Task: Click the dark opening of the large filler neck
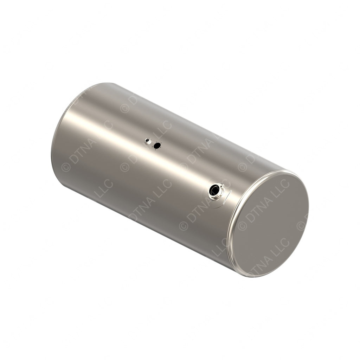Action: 214,191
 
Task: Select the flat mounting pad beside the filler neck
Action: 227,195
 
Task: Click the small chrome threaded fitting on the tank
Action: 148,141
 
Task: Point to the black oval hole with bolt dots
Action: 157,146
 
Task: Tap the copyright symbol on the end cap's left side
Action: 242,226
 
